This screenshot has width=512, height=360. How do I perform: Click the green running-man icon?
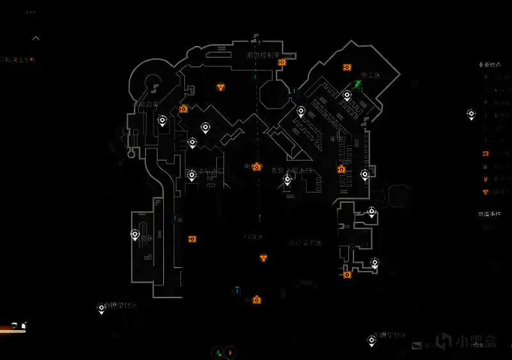pos(358,84)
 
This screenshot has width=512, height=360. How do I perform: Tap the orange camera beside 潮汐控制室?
pos(282,62)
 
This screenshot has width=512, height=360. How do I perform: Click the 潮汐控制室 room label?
pos(261,56)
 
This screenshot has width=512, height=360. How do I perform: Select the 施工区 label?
pos(371,75)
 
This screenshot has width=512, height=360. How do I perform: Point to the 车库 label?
pos(337,138)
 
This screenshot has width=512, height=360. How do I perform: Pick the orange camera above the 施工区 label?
pos(347,67)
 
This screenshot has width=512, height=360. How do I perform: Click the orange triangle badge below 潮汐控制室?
pos(221,86)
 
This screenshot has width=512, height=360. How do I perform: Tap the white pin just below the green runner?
pos(347,96)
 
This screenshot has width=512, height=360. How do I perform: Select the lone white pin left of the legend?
pos(471,114)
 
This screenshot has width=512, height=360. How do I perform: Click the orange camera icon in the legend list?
pos(486,154)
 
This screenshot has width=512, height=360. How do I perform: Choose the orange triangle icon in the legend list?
pos(486,191)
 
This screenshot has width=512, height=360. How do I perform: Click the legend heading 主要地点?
pos(490,65)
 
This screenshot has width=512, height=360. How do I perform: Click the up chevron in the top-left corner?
pos(36,38)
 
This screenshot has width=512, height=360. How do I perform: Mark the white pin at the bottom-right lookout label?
pos(371,341)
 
